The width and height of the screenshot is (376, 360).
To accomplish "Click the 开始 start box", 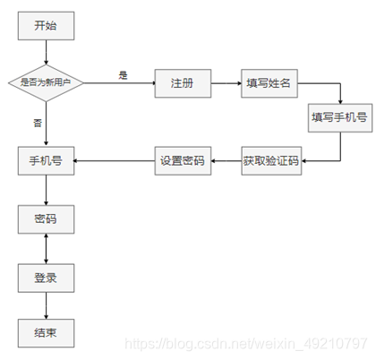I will (45, 25).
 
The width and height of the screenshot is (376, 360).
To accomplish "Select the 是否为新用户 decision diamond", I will (45, 82).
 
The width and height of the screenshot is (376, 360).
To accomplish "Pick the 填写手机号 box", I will (339, 117).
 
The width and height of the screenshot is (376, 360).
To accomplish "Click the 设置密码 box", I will (182, 161).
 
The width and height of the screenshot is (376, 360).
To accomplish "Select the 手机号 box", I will (45, 161).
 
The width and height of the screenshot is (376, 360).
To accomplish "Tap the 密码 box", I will (45, 219).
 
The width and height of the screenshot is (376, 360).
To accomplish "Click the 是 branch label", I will (123, 73).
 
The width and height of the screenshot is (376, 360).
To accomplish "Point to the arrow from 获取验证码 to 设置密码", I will (225, 161).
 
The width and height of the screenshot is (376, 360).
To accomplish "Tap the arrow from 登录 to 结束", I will (45, 305).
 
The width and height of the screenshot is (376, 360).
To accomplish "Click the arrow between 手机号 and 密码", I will (45, 190).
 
